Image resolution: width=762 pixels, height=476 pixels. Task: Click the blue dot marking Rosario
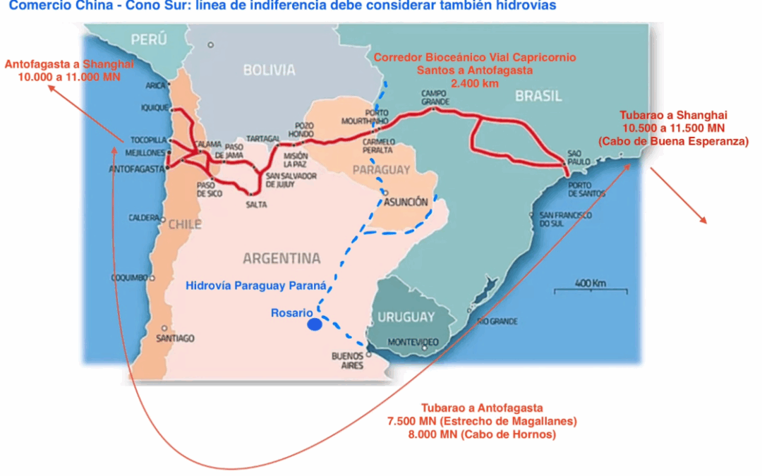point(315,325)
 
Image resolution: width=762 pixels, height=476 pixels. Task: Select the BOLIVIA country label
point(269,70)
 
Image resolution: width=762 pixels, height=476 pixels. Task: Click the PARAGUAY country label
point(381,170)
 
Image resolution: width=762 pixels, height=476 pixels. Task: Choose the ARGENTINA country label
point(282,258)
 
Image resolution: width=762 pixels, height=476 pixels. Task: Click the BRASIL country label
point(538,97)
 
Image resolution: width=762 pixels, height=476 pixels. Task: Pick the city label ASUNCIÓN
point(406,202)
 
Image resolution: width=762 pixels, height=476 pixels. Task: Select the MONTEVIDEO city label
point(413,342)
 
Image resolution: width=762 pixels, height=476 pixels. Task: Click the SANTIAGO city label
point(175,338)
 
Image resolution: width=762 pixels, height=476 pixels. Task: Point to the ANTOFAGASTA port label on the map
point(135,169)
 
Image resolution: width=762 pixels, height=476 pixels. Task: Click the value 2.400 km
point(475,83)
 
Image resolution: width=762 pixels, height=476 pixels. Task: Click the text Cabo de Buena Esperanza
point(673,141)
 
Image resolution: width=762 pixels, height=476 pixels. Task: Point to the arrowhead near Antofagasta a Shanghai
point(51,87)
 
